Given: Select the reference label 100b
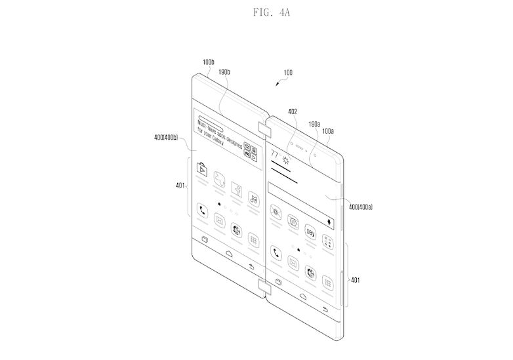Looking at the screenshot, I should [x=208, y=63].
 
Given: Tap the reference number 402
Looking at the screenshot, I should [x=292, y=112].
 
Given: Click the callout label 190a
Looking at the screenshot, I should [x=314, y=124].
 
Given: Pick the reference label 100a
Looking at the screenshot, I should [x=328, y=131].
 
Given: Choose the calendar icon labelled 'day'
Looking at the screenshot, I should [x=311, y=233].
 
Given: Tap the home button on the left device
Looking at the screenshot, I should [x=228, y=252].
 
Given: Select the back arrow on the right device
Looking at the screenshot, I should [x=325, y=308].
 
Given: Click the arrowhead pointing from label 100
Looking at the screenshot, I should [x=276, y=85].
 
